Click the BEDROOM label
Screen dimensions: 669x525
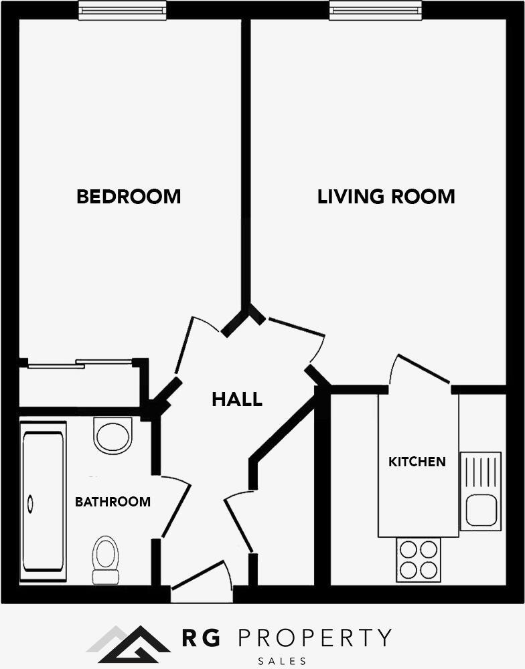click(129, 197)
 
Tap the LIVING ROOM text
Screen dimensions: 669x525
click(386, 197)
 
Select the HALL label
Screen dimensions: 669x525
click(237, 400)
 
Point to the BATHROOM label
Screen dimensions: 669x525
click(112, 502)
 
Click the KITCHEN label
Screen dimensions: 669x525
click(417, 462)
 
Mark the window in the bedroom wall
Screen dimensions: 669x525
click(122, 10)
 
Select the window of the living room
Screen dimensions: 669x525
click(376, 10)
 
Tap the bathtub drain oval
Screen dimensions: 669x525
click(29, 502)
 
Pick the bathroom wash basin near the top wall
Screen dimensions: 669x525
click(113, 436)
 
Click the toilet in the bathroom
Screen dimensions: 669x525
click(105, 559)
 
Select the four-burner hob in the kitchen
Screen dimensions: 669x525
click(419, 560)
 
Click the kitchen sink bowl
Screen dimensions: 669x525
click(480, 510)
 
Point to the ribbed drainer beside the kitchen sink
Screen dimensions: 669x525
click(480, 471)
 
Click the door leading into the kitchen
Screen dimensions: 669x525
click(422, 369)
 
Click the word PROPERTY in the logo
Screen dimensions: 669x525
click(315, 638)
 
